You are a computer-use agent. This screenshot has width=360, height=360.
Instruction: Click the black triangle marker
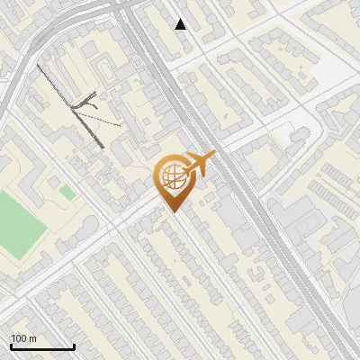[x=182, y=24]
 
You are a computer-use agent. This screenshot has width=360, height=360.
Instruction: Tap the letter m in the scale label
[x=33, y=338]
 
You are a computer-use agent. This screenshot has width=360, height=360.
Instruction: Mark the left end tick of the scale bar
[x=11, y=346]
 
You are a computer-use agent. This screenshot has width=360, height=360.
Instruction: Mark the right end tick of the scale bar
[x=74, y=346]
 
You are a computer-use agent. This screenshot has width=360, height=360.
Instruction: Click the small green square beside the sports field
[x=67, y=193]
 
